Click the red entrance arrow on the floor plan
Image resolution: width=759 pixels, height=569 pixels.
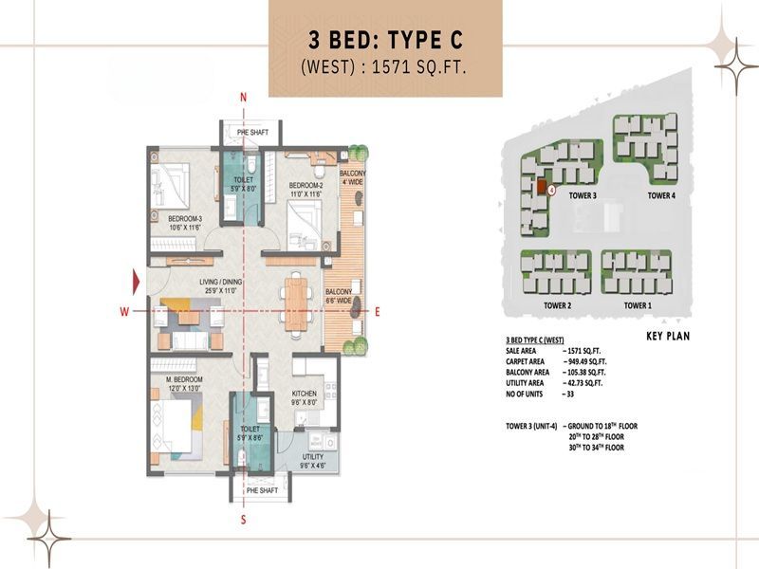138,282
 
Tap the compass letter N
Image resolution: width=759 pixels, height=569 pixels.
244,98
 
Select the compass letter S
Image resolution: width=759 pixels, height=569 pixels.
244,520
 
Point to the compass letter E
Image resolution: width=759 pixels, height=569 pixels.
377,311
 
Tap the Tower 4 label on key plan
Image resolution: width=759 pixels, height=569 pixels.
660,195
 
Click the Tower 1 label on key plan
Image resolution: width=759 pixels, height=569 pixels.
638,306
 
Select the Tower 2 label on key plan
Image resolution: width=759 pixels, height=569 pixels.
556,306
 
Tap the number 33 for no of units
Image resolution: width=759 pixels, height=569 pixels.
568,393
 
